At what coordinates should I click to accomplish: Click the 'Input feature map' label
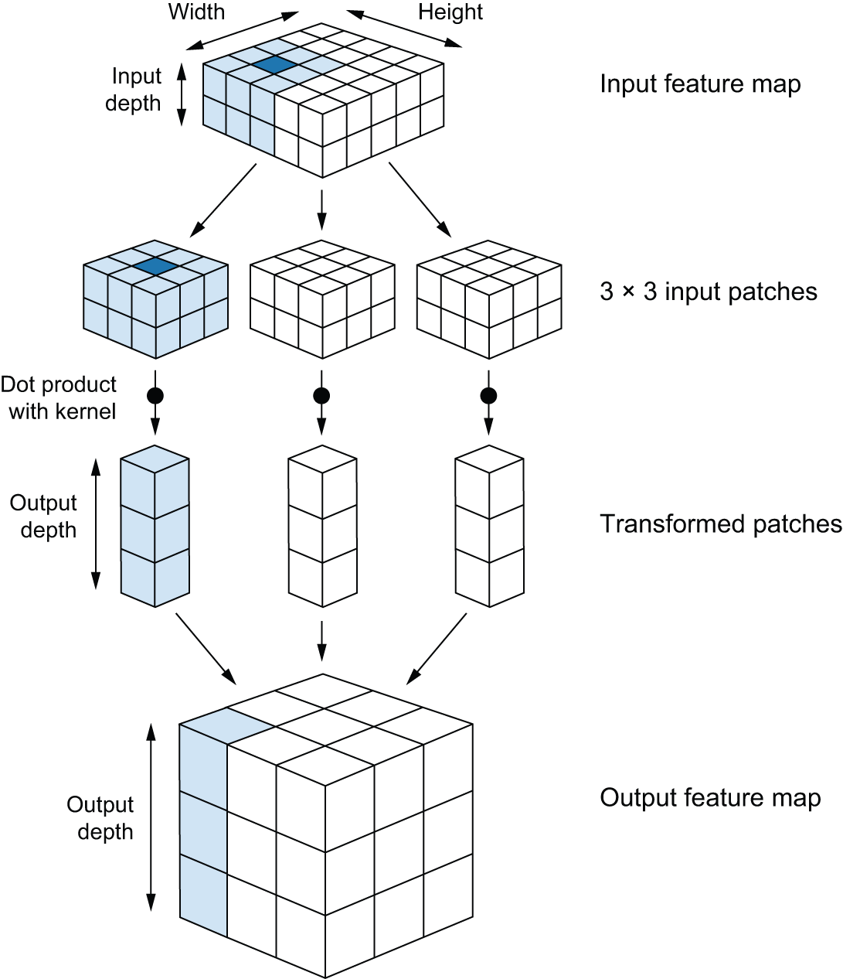(700, 84)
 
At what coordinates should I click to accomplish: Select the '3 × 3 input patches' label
(708, 292)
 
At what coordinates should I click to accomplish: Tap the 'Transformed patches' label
(720, 524)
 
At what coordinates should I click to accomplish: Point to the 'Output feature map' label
(710, 797)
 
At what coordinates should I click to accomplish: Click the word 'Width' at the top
(196, 12)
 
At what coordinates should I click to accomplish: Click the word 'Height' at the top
(450, 12)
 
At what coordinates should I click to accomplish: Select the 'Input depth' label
(135, 90)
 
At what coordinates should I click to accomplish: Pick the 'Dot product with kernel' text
(59, 397)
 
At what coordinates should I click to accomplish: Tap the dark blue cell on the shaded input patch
(155, 266)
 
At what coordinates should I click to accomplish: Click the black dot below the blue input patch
(155, 396)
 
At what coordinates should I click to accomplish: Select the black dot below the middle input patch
(321, 396)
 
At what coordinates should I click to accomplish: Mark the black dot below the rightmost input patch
(488, 396)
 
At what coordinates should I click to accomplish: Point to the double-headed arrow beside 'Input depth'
(182, 94)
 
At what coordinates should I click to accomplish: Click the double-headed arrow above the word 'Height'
(403, 29)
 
